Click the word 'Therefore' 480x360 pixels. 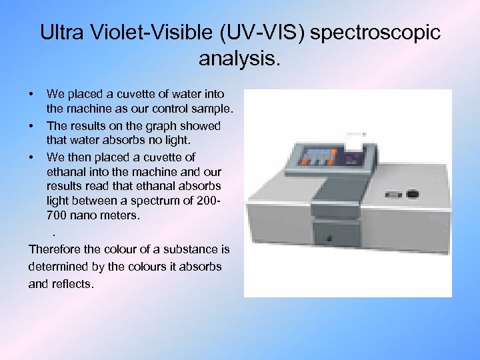(55, 249)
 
